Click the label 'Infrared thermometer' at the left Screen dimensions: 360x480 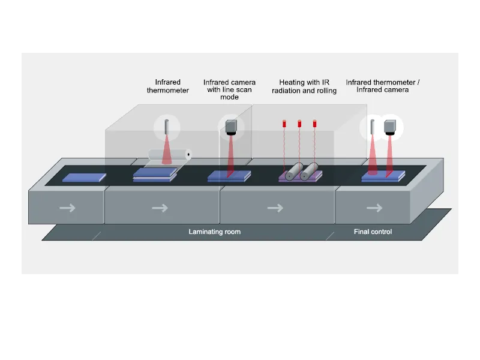(x=168, y=86)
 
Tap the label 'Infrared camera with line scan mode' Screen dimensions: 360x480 (x=229, y=89)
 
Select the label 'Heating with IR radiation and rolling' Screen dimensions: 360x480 (x=304, y=86)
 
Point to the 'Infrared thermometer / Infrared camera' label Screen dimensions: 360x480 (x=383, y=86)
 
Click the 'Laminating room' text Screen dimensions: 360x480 (x=215, y=232)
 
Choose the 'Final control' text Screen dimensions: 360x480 (x=373, y=232)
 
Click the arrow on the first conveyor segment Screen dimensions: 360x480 (x=67, y=208)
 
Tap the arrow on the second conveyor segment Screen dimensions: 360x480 (x=160, y=208)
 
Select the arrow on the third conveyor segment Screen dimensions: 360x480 (x=275, y=208)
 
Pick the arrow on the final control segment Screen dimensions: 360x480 (x=374, y=208)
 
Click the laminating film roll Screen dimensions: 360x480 (x=170, y=155)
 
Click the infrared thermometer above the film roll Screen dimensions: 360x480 (x=167, y=127)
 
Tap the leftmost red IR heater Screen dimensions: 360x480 (x=284, y=124)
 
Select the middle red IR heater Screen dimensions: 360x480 (x=299, y=124)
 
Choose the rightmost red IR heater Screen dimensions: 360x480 (x=314, y=124)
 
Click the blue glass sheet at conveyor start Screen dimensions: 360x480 (x=84, y=178)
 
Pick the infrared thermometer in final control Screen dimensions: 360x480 (x=373, y=127)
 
